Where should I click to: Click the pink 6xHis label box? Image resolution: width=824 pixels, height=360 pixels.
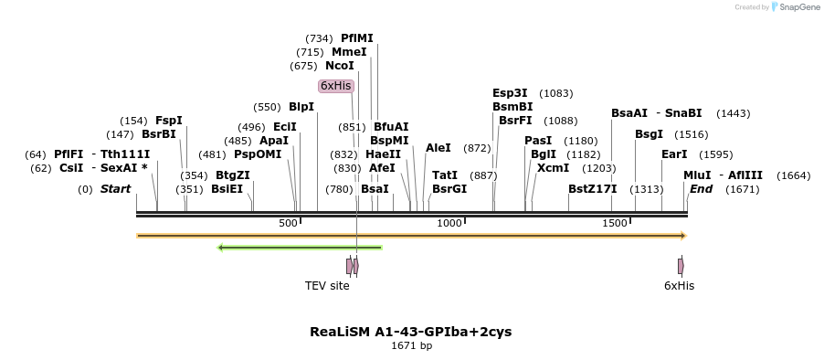(x=335, y=86)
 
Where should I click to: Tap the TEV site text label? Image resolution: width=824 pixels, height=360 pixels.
(x=327, y=286)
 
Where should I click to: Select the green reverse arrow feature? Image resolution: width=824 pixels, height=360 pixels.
(x=300, y=247)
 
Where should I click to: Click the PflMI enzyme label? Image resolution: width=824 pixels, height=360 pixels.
(x=356, y=38)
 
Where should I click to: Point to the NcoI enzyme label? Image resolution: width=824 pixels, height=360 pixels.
(x=339, y=66)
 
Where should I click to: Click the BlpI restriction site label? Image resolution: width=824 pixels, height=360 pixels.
(x=301, y=107)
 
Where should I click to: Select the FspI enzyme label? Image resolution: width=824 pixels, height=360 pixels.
(x=169, y=121)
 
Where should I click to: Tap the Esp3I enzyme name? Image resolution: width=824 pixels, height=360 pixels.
(x=510, y=93)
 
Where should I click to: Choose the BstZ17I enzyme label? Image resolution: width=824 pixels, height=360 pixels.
(x=592, y=189)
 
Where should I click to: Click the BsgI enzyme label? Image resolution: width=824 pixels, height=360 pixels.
(x=649, y=134)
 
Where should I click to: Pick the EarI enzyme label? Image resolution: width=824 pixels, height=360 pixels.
(x=674, y=154)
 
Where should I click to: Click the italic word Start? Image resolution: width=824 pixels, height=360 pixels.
(x=115, y=189)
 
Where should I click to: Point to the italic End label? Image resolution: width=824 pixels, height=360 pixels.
(x=701, y=189)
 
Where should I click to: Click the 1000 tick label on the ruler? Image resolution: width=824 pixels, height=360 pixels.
(x=449, y=224)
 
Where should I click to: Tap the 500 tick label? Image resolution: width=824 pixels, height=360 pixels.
(x=288, y=224)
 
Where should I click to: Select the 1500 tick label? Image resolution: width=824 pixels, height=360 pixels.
(x=615, y=224)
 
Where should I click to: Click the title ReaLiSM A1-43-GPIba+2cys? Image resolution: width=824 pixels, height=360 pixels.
(x=411, y=332)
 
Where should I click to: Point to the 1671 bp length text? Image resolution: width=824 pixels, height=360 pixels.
(x=411, y=346)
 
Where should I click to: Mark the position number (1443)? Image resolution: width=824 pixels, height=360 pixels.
(x=733, y=113)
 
